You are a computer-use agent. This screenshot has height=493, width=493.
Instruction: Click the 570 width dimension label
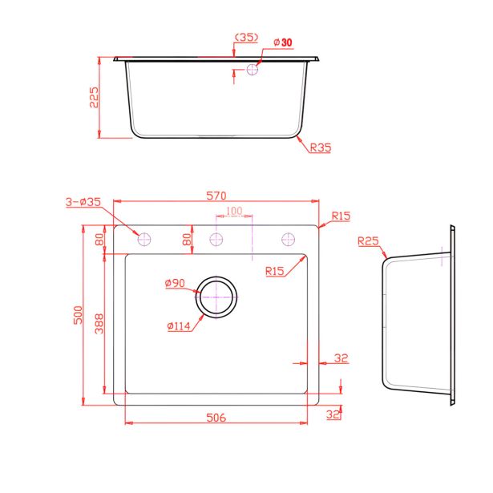216,196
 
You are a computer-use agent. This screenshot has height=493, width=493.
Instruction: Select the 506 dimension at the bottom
216,418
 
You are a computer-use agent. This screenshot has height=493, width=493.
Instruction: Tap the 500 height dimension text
78,315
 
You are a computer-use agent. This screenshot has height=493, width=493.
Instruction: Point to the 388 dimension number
99,323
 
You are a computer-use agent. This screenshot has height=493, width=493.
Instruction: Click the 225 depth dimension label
94,98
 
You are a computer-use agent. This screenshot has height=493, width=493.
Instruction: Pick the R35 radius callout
321,147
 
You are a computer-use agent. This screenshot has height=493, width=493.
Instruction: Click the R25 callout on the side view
368,241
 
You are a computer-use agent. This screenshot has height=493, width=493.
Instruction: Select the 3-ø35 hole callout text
83,202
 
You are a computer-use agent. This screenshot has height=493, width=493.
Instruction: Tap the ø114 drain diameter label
179,326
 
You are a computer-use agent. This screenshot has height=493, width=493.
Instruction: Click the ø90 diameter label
175,283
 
